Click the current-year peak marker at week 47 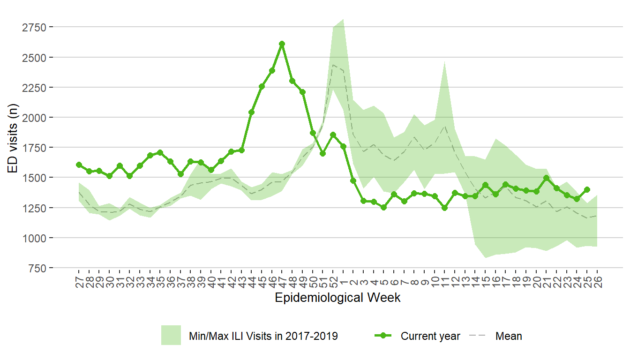pyautogui.click(x=282, y=44)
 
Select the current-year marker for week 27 pyautogui.click(x=79, y=165)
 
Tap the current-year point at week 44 pyautogui.click(x=251, y=112)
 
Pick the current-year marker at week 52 pyautogui.click(x=333, y=135)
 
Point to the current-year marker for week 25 pyautogui.click(x=587, y=189)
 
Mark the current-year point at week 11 pyautogui.click(x=444, y=208)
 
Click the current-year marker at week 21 pyautogui.click(x=546, y=178)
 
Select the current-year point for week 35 pyautogui.click(x=160, y=152)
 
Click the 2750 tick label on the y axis pyautogui.click(x=34, y=27)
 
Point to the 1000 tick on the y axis pyautogui.click(x=34, y=238)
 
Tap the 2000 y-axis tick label pyautogui.click(x=34, y=117)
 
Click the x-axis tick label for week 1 pyautogui.click(x=343, y=279)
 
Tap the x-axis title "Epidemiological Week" pyautogui.click(x=337, y=298)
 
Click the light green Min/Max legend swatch pyautogui.click(x=171, y=336)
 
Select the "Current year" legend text pyautogui.click(x=430, y=336)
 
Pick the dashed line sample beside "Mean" pyautogui.click(x=478, y=336)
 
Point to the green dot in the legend pyautogui.click(x=384, y=336)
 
